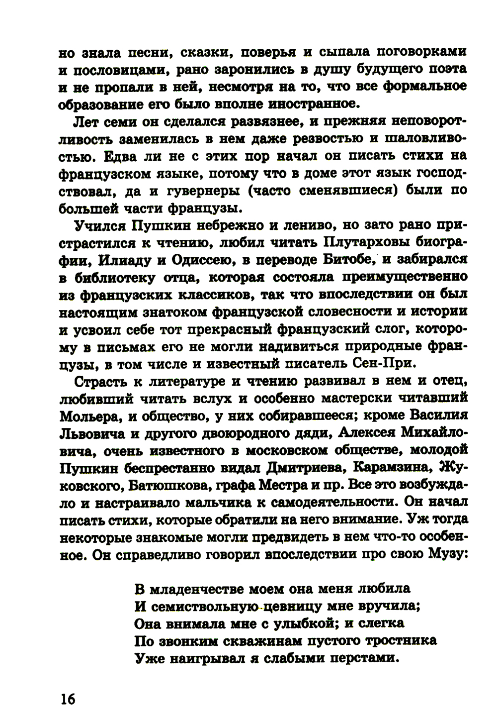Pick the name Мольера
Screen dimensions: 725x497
(89, 415)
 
